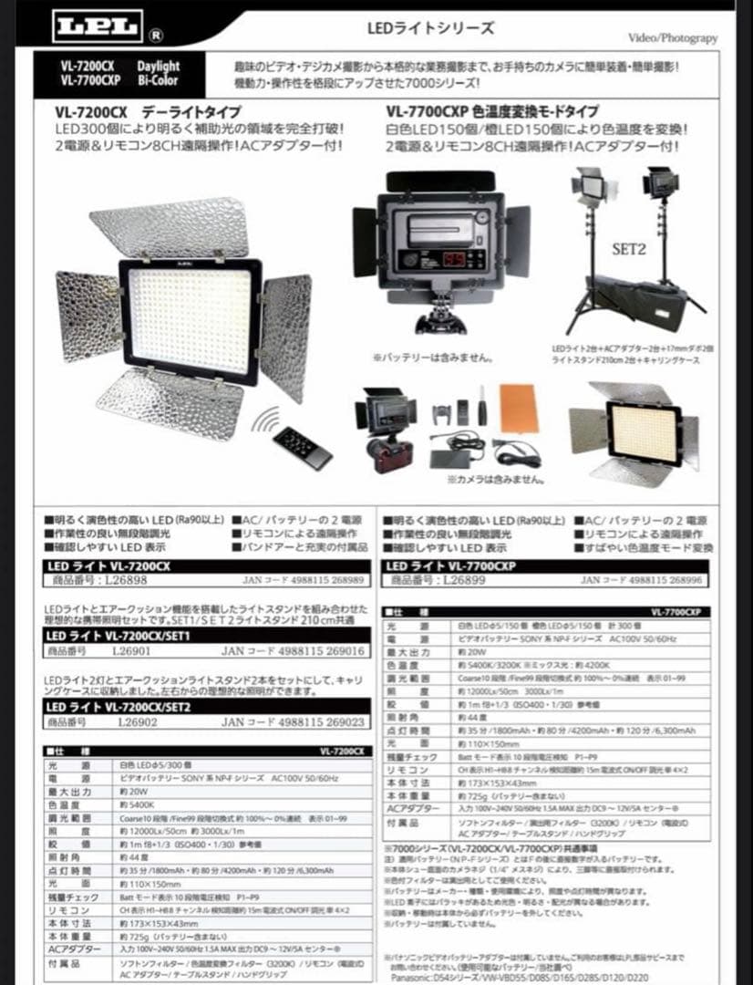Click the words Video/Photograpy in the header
673,37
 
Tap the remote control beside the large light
303,447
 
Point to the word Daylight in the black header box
159,67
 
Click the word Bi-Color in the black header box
159,80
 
